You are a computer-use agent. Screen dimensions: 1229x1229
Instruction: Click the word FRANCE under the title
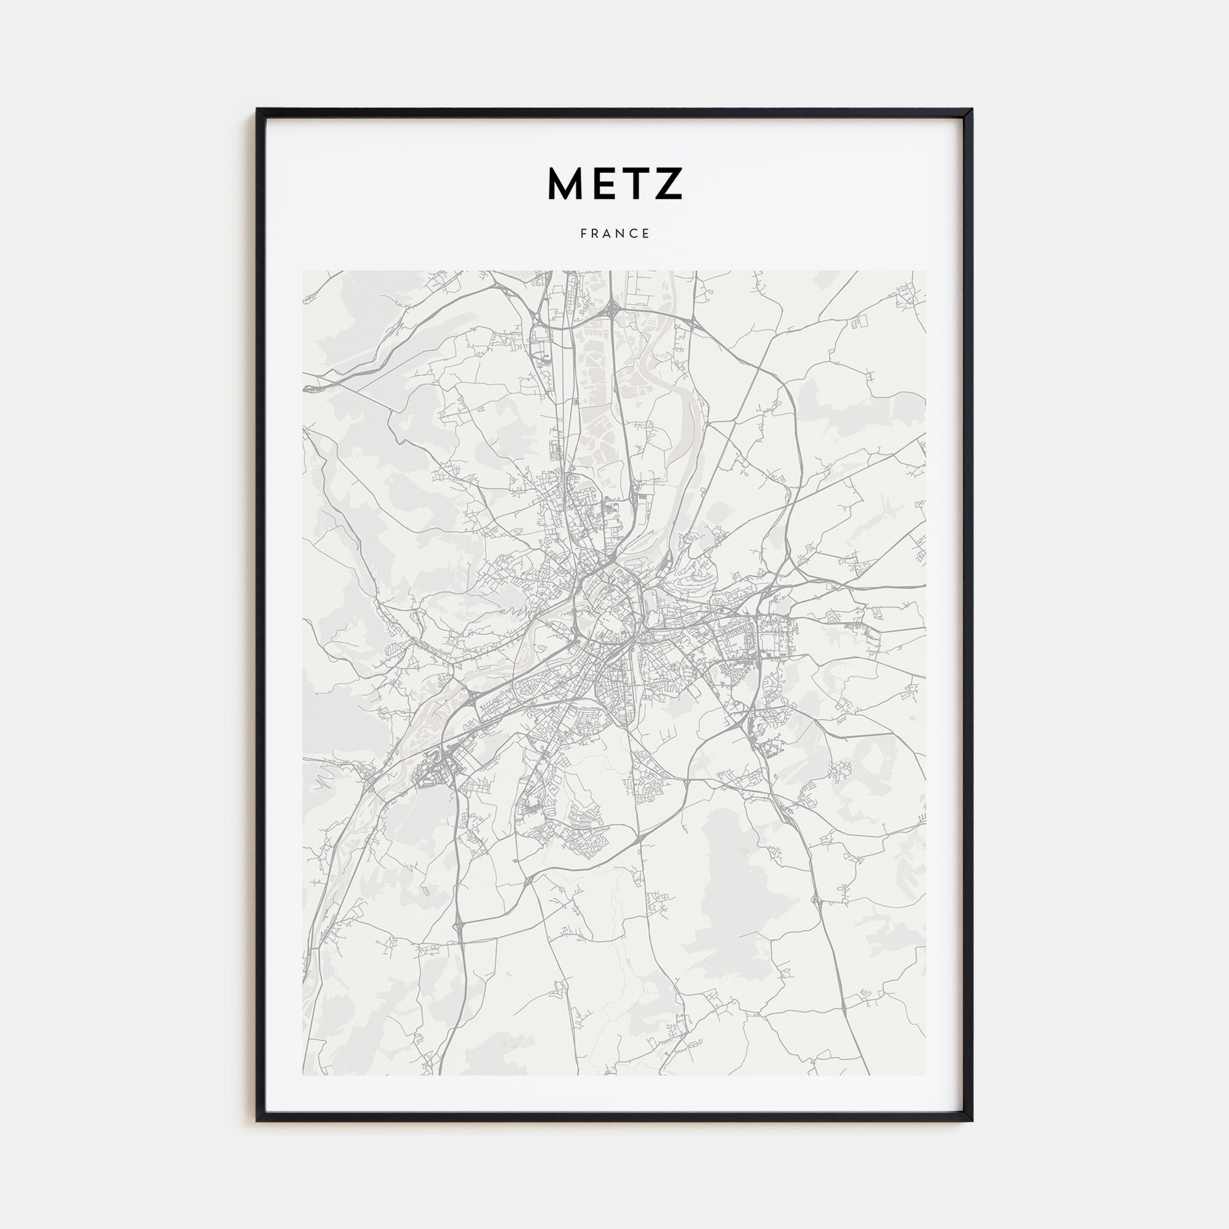(614, 234)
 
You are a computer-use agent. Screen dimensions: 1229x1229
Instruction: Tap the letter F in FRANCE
(583, 234)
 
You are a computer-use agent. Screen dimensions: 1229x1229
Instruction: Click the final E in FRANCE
(646, 234)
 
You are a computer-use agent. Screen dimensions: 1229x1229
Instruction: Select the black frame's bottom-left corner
(257, 1120)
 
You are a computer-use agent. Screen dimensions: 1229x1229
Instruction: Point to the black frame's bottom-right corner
(972, 1120)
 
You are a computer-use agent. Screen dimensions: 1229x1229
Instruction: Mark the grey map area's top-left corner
(304, 272)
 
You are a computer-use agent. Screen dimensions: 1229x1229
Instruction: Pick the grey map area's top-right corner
(925, 272)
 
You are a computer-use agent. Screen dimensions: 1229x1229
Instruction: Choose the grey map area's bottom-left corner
(304, 1074)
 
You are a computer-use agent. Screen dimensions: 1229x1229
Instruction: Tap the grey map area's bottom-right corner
(925, 1074)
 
